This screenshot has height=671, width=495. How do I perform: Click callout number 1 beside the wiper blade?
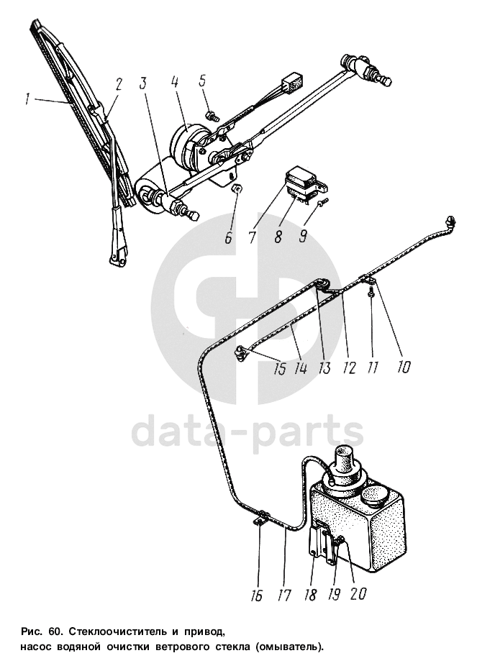pyautogui.click(x=27, y=99)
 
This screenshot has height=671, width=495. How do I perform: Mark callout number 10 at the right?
pyautogui.click(x=403, y=367)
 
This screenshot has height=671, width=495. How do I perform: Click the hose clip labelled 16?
pyautogui.click(x=262, y=516)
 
